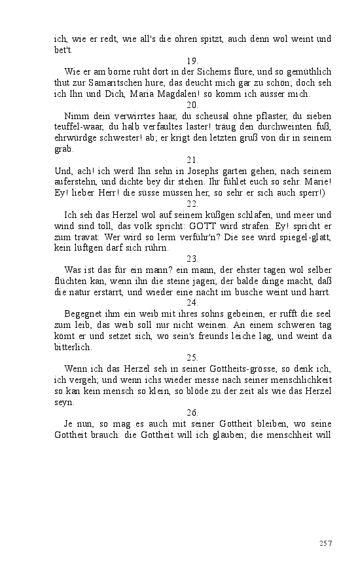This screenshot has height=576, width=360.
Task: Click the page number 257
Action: point(325,543)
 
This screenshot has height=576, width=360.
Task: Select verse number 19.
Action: point(192,60)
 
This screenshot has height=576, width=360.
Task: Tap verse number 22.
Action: point(192,204)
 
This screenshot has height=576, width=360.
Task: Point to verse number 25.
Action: point(192,357)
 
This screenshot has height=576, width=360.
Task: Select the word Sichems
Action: point(211,71)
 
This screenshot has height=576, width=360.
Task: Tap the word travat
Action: point(81,236)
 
